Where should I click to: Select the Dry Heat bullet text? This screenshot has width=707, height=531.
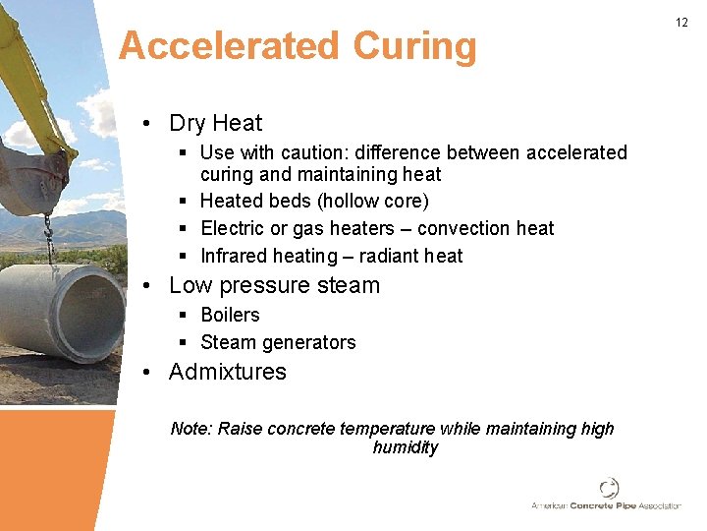(x=216, y=123)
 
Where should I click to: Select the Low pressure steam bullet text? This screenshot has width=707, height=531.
(x=274, y=286)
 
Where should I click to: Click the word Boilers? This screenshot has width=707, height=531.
(x=230, y=315)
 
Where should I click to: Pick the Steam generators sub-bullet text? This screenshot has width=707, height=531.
(x=278, y=342)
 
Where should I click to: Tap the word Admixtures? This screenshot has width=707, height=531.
(x=228, y=372)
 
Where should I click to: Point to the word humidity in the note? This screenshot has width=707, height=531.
(x=405, y=447)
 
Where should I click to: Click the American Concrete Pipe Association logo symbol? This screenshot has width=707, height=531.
(x=609, y=489)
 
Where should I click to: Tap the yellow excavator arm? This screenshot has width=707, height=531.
(x=29, y=79)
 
